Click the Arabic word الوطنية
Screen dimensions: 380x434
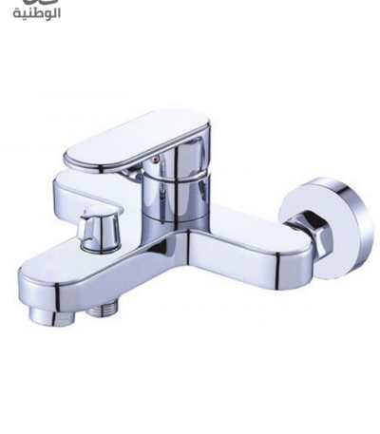37,14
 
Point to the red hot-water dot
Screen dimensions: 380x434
155,160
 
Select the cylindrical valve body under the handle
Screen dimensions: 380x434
175,198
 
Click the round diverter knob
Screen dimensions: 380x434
101,229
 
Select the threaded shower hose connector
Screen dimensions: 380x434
103,310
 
